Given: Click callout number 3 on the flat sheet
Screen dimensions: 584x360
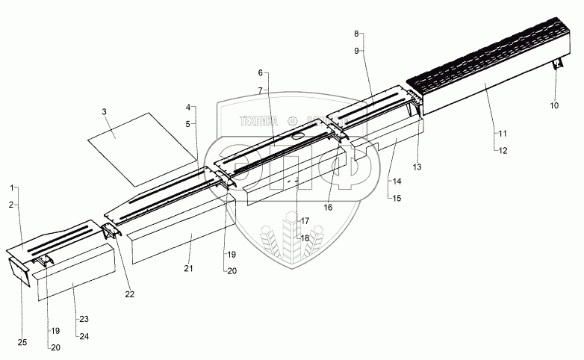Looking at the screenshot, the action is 105,111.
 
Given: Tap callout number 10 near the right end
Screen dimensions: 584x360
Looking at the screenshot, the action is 554,106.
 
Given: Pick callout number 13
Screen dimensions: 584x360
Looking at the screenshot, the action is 417,166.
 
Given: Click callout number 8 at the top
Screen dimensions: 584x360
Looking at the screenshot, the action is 356,34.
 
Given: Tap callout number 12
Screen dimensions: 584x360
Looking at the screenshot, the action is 501,149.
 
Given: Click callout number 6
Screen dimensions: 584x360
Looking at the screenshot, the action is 261,72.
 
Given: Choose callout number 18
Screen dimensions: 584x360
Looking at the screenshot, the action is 305,238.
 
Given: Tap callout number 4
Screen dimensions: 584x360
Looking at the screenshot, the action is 189,107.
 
